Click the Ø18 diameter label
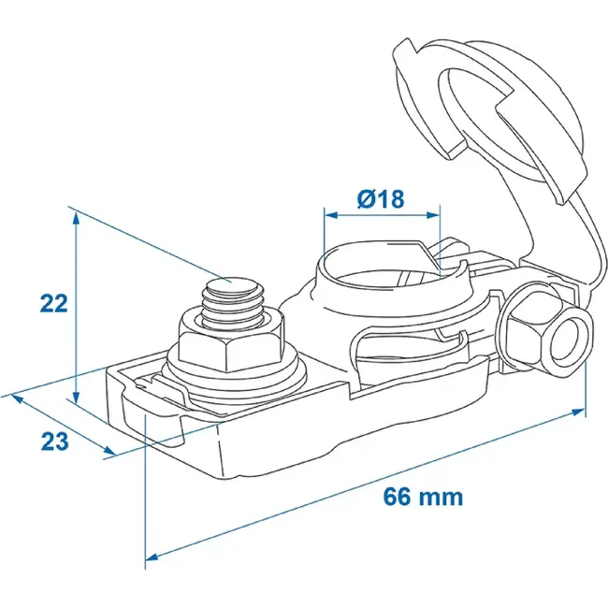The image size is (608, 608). coord(381,198)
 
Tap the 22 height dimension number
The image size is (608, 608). coord(54,303)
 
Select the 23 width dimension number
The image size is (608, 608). coord(54,441)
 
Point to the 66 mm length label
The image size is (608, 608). coord(423,497)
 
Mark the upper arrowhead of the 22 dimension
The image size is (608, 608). coord(77,219)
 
